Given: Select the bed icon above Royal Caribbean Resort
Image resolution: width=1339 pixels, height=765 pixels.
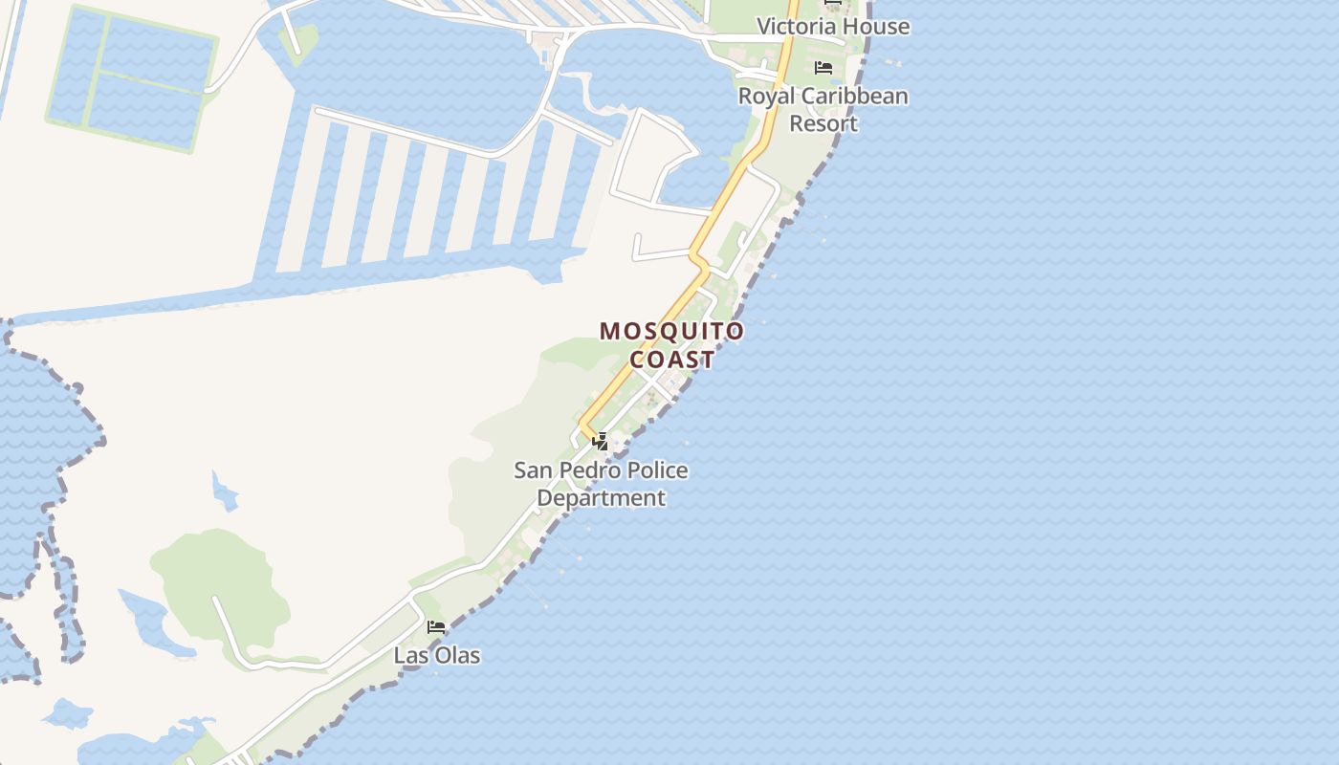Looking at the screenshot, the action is tap(823, 68).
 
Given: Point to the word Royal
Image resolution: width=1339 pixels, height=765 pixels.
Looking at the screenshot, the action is tap(766, 97).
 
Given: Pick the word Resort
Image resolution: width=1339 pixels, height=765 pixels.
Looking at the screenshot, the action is tap(823, 124).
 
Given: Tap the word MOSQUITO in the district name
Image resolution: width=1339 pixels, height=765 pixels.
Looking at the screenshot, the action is tap(671, 332).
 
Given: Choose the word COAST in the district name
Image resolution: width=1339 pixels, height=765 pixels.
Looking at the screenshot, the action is tap(671, 360).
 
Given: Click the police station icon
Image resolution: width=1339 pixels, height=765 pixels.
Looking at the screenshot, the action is tap(601, 442).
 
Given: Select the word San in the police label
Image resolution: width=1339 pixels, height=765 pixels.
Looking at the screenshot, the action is tap(533, 470).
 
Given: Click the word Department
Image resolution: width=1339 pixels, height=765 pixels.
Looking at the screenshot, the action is tap(601, 498).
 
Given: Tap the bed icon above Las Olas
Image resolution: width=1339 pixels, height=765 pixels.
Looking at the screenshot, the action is tap(436, 627).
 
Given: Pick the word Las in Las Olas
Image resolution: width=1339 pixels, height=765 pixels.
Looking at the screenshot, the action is tap(410, 656).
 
